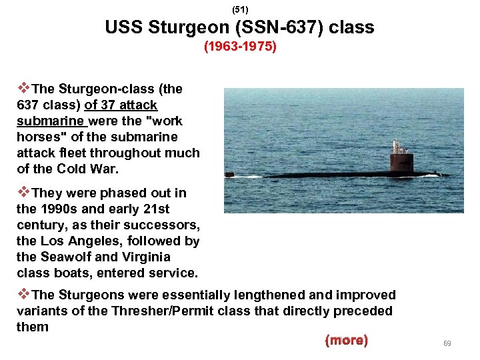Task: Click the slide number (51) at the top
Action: (239, 10)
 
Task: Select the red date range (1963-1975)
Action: (240, 48)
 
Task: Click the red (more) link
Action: (346, 341)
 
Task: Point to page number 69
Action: (447, 343)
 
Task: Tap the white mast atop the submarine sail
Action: (396, 146)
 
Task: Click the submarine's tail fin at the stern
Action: (229, 175)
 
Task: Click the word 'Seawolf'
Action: (63, 257)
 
